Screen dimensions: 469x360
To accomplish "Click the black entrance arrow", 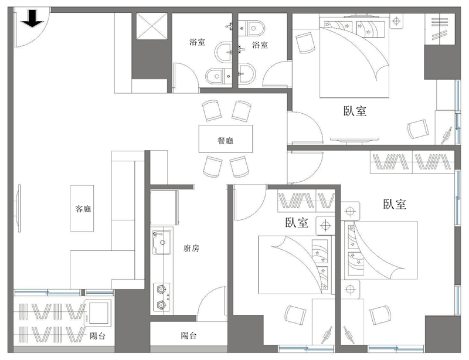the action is [x=32, y=19].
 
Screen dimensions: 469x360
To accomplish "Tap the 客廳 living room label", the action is [x=83, y=209].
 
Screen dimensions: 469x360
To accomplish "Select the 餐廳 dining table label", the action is [x=226, y=140].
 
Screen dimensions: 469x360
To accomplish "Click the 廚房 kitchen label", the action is [x=191, y=248].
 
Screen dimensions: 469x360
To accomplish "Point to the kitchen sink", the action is [x=162, y=242].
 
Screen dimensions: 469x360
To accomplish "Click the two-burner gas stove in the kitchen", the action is [x=162, y=297].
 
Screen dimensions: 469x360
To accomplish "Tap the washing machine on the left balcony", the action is [x=97, y=313].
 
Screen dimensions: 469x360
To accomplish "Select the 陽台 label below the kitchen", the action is [x=189, y=335].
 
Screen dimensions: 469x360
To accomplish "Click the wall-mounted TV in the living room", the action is [x=19, y=208].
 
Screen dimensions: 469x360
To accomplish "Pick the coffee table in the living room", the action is [x=82, y=208].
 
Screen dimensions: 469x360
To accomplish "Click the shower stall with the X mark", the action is [x=152, y=26].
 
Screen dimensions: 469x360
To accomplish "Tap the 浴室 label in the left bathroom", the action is [x=197, y=42].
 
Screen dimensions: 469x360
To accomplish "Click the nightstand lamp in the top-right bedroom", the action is [x=397, y=22].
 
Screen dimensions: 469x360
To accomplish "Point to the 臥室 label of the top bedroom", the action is [x=355, y=111].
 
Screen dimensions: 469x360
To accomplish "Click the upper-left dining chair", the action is [x=212, y=110].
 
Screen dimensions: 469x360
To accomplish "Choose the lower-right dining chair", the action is [x=239, y=167].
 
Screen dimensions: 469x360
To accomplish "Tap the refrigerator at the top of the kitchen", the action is [x=164, y=208].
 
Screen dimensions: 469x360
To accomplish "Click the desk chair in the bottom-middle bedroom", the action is [x=295, y=315].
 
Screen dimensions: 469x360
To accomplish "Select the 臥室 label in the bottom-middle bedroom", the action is [x=297, y=223].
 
